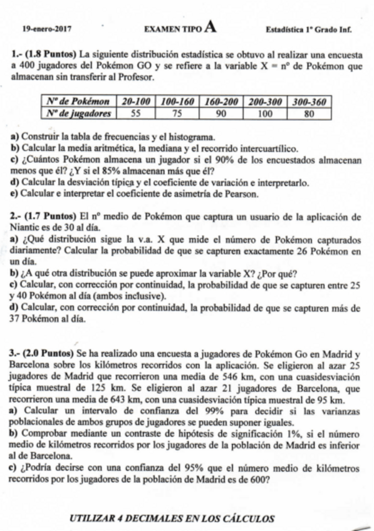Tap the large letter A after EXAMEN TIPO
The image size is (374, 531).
210,26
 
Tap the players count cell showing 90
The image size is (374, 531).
222,113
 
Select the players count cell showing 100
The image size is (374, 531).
266,113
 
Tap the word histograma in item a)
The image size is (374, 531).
193,137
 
